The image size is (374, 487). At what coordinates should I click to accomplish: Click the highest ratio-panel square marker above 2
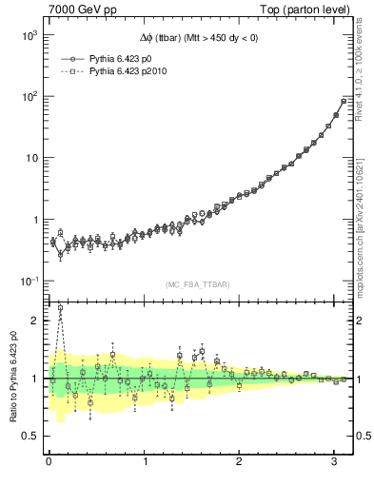pos(61,307)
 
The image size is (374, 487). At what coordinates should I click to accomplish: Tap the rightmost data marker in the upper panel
pos(344,101)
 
